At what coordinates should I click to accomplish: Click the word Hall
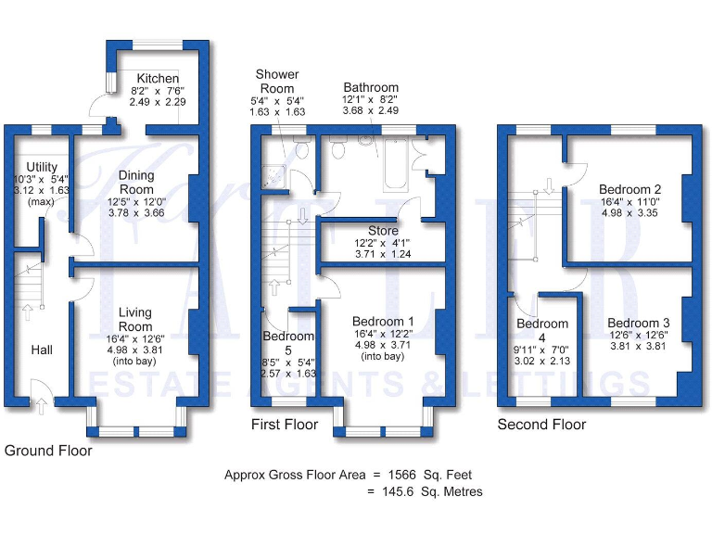click(42, 350)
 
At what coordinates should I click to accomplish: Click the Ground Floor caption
click(48, 451)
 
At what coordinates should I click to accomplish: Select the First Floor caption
click(285, 425)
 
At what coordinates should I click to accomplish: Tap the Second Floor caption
click(541, 425)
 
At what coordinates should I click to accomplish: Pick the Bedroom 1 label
click(384, 321)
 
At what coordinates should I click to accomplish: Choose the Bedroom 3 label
click(638, 323)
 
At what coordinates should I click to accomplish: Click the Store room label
click(383, 231)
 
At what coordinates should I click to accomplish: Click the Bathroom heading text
click(371, 88)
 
